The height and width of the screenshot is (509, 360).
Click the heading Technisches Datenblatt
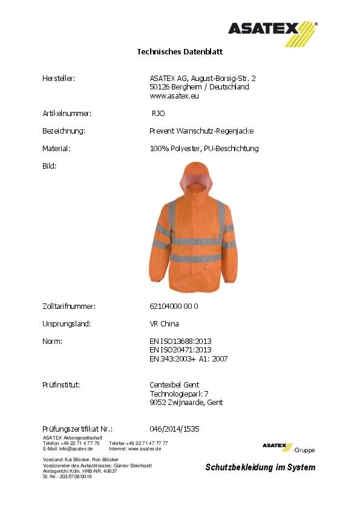[x=180, y=52]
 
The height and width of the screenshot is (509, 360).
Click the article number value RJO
[x=158, y=113]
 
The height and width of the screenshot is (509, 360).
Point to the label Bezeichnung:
[x=63, y=131]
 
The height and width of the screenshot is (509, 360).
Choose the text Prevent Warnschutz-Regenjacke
[x=201, y=131]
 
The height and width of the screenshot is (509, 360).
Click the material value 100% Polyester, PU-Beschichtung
[x=204, y=148]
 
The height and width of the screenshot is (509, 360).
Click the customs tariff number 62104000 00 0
[x=174, y=306]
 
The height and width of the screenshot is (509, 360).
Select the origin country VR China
[x=164, y=324]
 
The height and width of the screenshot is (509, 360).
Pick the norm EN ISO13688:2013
[x=180, y=342]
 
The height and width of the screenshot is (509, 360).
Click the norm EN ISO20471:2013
[x=180, y=350]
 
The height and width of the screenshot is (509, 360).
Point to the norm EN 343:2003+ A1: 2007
[x=188, y=358]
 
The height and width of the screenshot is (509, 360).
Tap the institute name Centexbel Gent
[x=174, y=385]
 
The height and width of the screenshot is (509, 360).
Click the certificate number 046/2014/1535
[x=174, y=429]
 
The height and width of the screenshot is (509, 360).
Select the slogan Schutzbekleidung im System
[x=260, y=467]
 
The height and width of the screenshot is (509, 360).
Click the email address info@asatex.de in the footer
[x=76, y=449]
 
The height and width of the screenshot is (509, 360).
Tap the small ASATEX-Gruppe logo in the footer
[x=287, y=447]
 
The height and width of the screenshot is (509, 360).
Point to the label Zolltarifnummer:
[x=69, y=306]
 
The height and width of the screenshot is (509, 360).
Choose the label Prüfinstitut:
[x=62, y=385]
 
